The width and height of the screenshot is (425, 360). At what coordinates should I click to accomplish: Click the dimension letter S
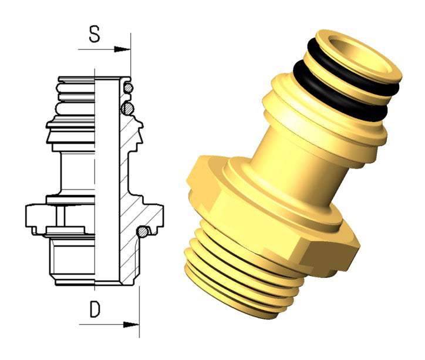click(95, 34)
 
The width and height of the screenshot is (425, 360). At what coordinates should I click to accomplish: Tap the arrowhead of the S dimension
click(122, 49)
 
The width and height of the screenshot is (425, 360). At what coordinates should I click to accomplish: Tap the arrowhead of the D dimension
click(131, 324)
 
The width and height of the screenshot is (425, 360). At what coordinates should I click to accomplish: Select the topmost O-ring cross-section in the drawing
click(128, 88)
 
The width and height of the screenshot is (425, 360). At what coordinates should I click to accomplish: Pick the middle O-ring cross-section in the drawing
click(127, 109)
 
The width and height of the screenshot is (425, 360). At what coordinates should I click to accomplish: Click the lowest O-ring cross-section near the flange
click(142, 232)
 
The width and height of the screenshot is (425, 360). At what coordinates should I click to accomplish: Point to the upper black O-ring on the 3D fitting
click(352, 68)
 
